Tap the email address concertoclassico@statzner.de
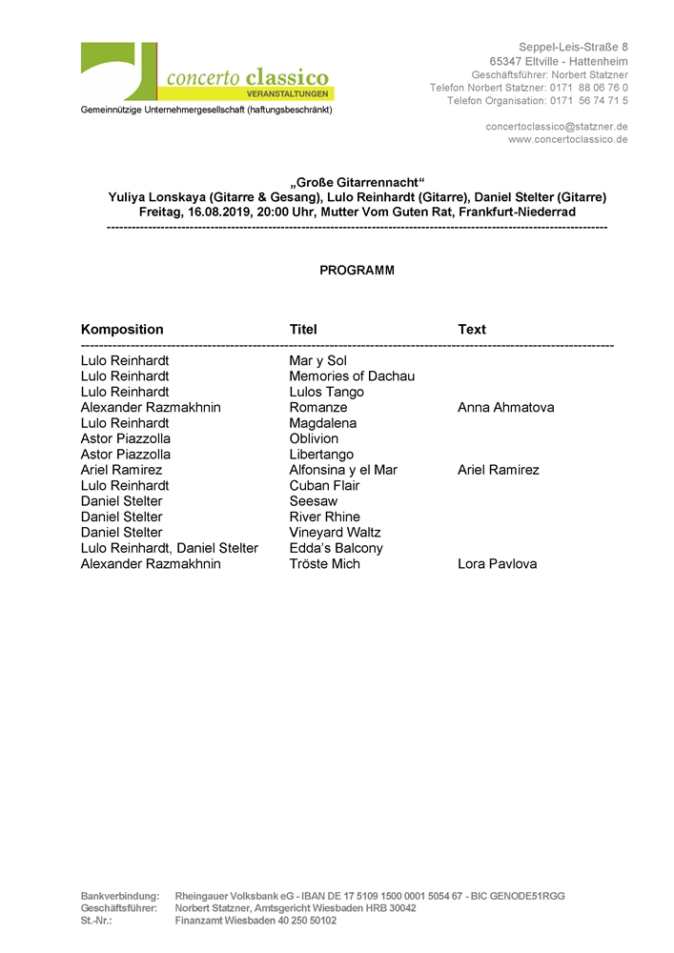point(556,126)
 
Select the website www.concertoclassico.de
point(567,139)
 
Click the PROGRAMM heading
point(357,271)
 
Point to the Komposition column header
point(122,330)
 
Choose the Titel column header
point(303,330)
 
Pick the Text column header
point(472,330)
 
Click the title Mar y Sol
point(318,360)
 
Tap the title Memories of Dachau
point(352,376)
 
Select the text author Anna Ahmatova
point(505,408)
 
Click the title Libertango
point(321,455)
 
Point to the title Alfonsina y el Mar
point(343,470)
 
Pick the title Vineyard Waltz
point(335,533)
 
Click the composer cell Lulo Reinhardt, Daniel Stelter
point(170,548)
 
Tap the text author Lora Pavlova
point(497,564)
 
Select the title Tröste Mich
point(324,564)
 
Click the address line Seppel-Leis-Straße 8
point(573,47)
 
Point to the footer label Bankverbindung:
point(120,896)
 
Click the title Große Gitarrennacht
point(357,182)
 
